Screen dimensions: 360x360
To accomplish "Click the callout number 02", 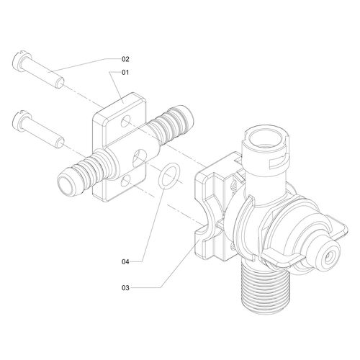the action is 125,59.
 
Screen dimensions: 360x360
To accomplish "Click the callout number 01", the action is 125,72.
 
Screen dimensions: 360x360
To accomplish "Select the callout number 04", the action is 125,261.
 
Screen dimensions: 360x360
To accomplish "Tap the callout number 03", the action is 125,287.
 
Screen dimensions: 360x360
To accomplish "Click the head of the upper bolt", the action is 20,61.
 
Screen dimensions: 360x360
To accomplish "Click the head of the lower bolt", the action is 20,122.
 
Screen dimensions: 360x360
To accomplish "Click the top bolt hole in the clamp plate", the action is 125,121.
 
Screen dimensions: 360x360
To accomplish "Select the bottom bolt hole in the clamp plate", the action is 125,181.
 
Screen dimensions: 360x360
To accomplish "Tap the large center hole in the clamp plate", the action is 140,158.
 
